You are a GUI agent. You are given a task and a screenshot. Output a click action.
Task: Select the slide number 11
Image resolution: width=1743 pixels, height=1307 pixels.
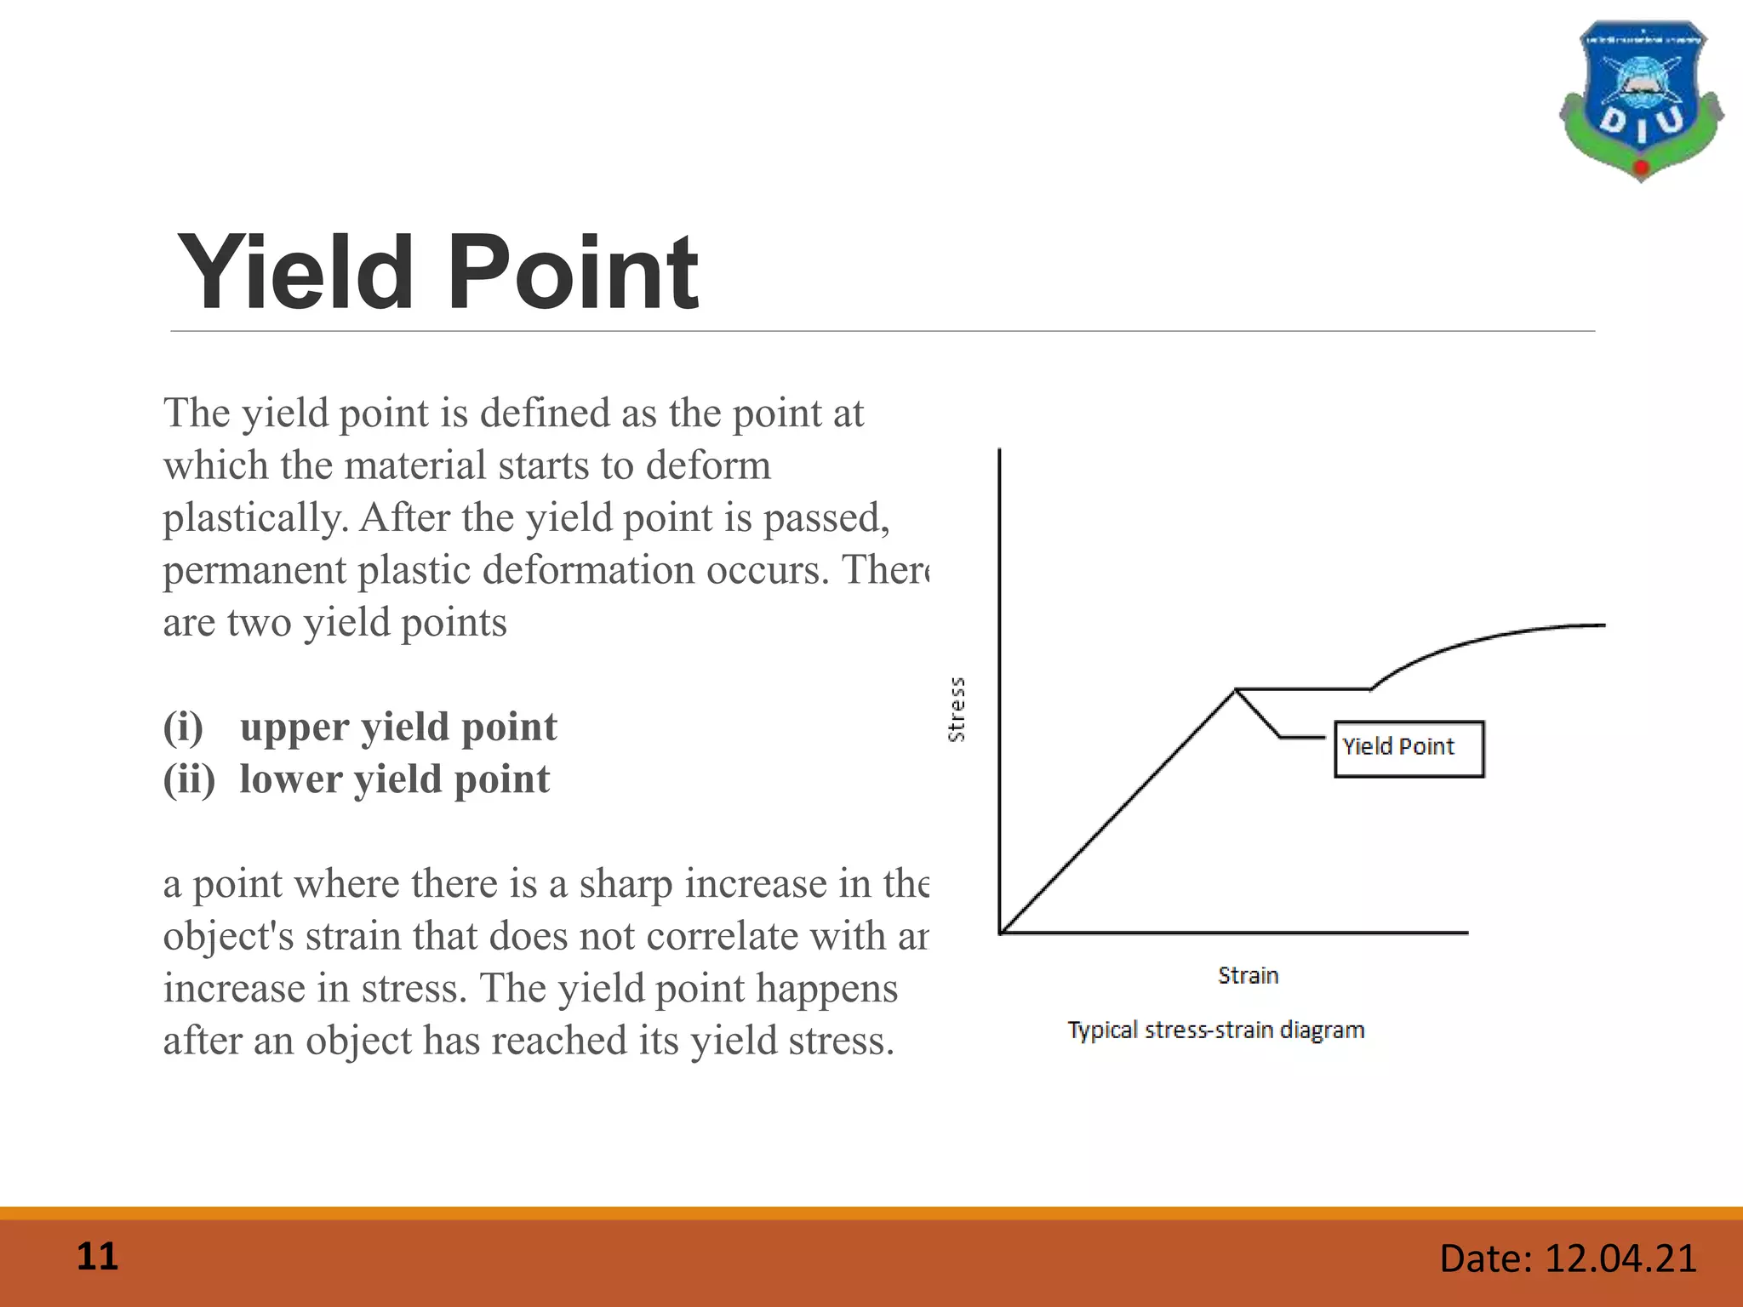click(97, 1257)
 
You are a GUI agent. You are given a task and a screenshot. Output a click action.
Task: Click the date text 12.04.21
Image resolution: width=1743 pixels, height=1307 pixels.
click(1620, 1258)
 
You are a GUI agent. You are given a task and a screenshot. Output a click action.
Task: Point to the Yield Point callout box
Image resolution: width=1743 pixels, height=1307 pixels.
click(1409, 749)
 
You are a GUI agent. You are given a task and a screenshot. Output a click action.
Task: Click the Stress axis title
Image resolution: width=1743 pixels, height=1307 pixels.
click(957, 710)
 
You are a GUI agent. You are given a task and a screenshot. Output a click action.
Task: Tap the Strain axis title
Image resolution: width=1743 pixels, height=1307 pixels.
click(1248, 975)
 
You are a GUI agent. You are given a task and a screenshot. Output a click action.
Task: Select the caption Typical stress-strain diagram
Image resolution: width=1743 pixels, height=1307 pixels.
click(1215, 1030)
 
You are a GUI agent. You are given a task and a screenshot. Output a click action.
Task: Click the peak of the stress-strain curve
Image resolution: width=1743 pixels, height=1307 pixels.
click(1236, 689)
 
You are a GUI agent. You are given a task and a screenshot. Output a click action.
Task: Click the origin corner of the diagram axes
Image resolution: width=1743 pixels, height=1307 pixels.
click(1000, 933)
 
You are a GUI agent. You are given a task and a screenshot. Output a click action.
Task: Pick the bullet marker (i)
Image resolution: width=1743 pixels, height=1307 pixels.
click(184, 728)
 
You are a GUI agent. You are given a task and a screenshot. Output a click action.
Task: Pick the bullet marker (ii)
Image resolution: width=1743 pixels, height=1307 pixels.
click(189, 779)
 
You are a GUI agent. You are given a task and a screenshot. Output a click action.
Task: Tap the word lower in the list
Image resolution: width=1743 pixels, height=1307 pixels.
click(290, 779)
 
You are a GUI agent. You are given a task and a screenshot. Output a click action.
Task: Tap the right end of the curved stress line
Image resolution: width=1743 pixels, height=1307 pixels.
click(1603, 625)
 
